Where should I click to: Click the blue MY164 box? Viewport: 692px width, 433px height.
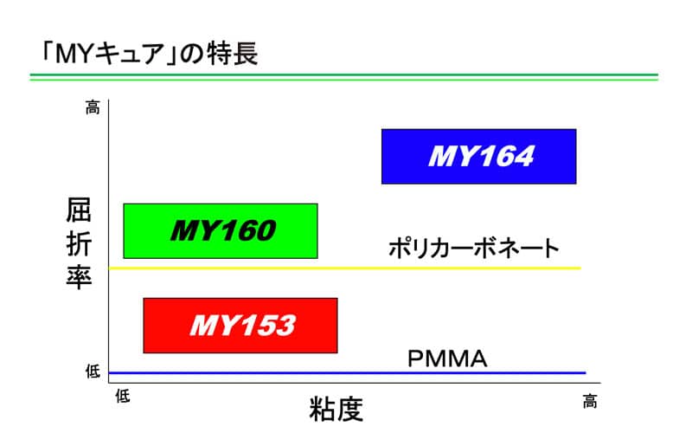479,157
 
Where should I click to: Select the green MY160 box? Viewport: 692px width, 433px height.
221,231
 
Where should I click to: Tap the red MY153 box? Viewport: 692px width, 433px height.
240,326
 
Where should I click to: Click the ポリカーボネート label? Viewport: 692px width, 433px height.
474,249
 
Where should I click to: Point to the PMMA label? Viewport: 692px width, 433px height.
447,359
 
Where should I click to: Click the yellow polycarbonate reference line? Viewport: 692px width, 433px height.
344,268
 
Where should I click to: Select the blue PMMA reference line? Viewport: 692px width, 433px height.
348,373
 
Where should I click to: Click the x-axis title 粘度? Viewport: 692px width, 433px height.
336,409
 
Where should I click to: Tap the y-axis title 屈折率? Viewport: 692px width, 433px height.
79,243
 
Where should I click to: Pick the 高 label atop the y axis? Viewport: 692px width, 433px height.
93,107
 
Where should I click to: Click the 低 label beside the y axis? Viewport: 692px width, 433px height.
93,372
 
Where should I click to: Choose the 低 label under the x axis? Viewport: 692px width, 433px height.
123,396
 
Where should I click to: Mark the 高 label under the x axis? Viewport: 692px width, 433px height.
590,402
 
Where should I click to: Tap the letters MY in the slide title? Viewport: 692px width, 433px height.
74,55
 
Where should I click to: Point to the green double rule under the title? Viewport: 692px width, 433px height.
343,77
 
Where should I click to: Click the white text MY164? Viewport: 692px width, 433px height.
481,157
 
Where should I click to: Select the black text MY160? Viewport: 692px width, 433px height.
223,230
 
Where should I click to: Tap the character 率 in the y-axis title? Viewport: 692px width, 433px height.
79,277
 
